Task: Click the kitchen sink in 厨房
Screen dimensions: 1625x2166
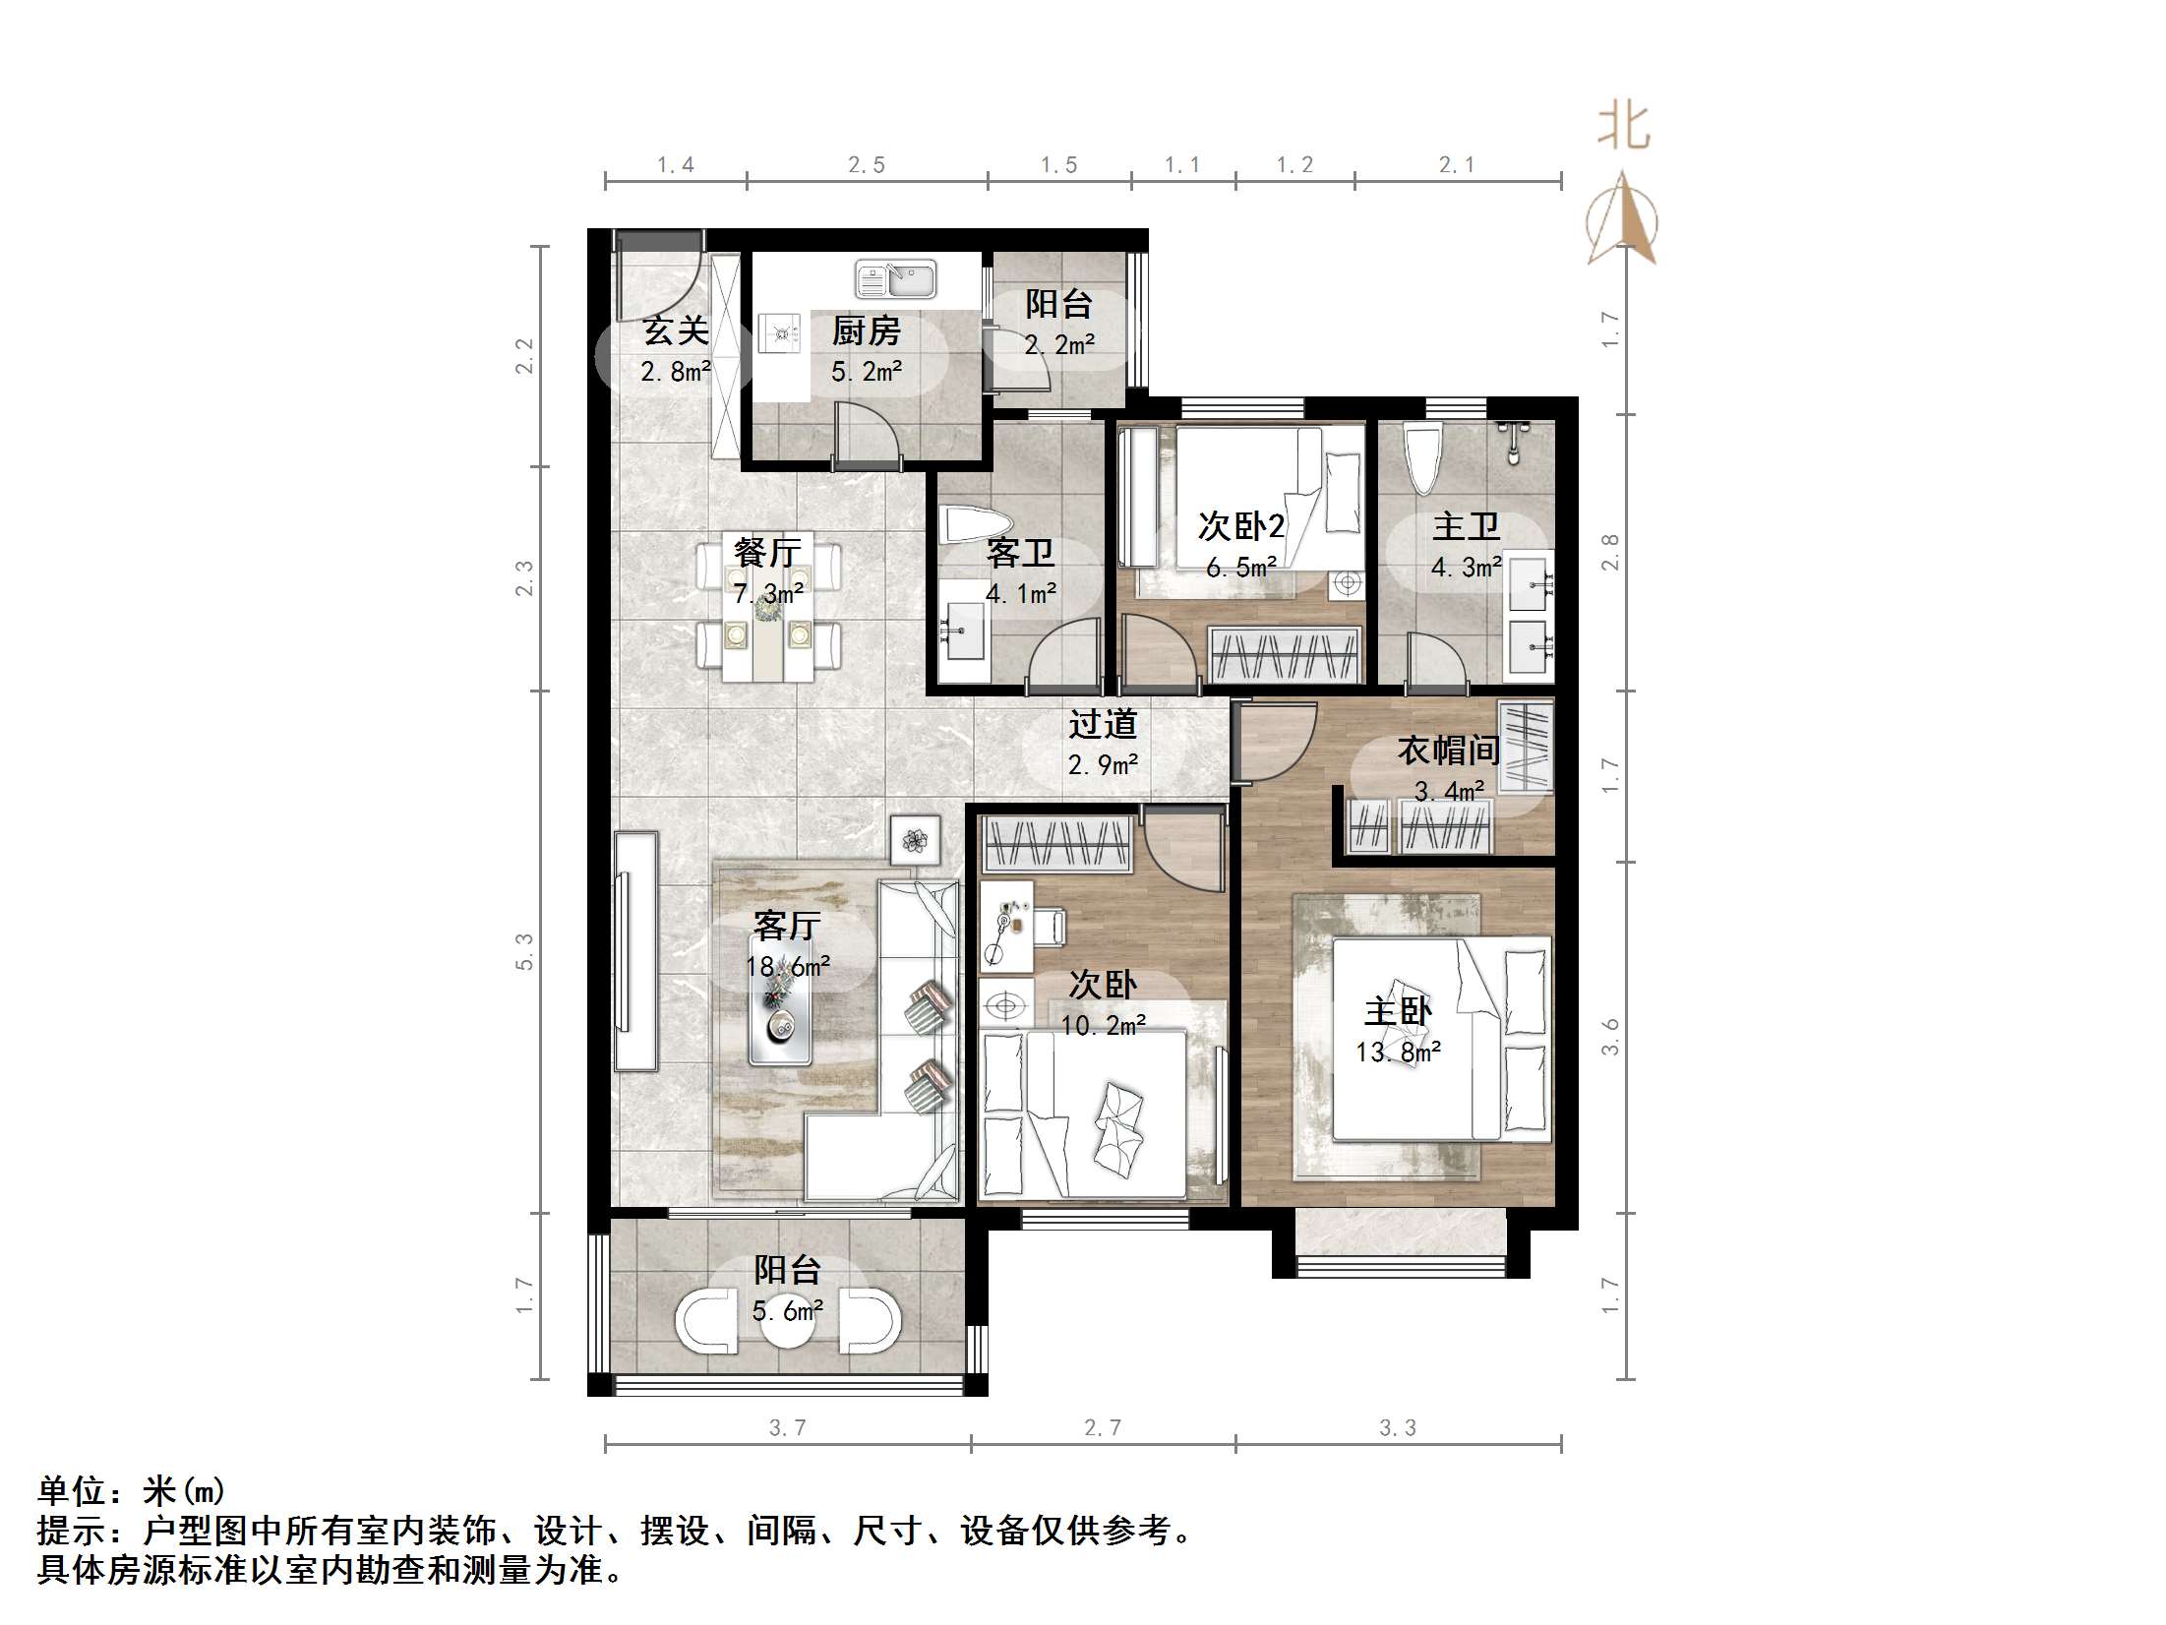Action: (x=895, y=279)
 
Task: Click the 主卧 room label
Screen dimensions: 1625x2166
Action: (x=1398, y=1011)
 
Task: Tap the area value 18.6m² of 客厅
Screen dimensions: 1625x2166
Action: (x=787, y=967)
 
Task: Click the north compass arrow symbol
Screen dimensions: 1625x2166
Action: (x=1622, y=220)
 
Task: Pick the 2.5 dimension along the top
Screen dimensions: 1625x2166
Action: (x=867, y=165)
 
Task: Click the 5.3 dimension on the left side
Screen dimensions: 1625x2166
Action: (x=524, y=952)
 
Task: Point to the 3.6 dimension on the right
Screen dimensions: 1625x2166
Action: (x=1610, y=1038)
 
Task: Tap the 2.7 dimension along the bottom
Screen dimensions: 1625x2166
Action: (x=1102, y=1428)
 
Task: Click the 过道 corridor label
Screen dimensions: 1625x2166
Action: (x=1103, y=725)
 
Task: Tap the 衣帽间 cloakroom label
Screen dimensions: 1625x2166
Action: (x=1448, y=751)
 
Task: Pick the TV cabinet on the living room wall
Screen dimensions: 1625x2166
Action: (x=635, y=951)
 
